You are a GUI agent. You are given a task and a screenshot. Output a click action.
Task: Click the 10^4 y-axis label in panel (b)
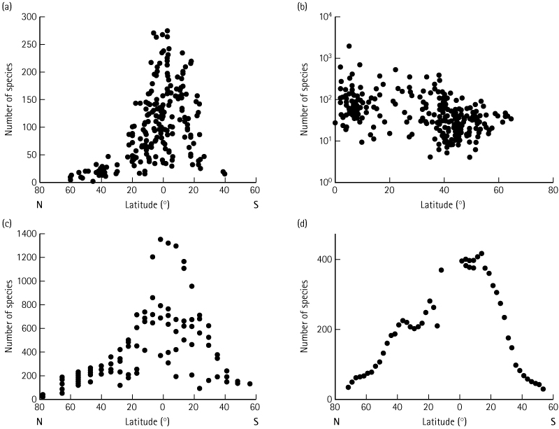tap(321, 16)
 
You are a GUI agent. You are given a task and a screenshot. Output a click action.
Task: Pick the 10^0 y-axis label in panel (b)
tap(321, 182)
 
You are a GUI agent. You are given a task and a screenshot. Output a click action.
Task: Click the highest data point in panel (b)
tap(349, 46)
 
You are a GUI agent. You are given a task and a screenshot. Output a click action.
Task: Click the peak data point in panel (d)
tap(481, 253)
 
